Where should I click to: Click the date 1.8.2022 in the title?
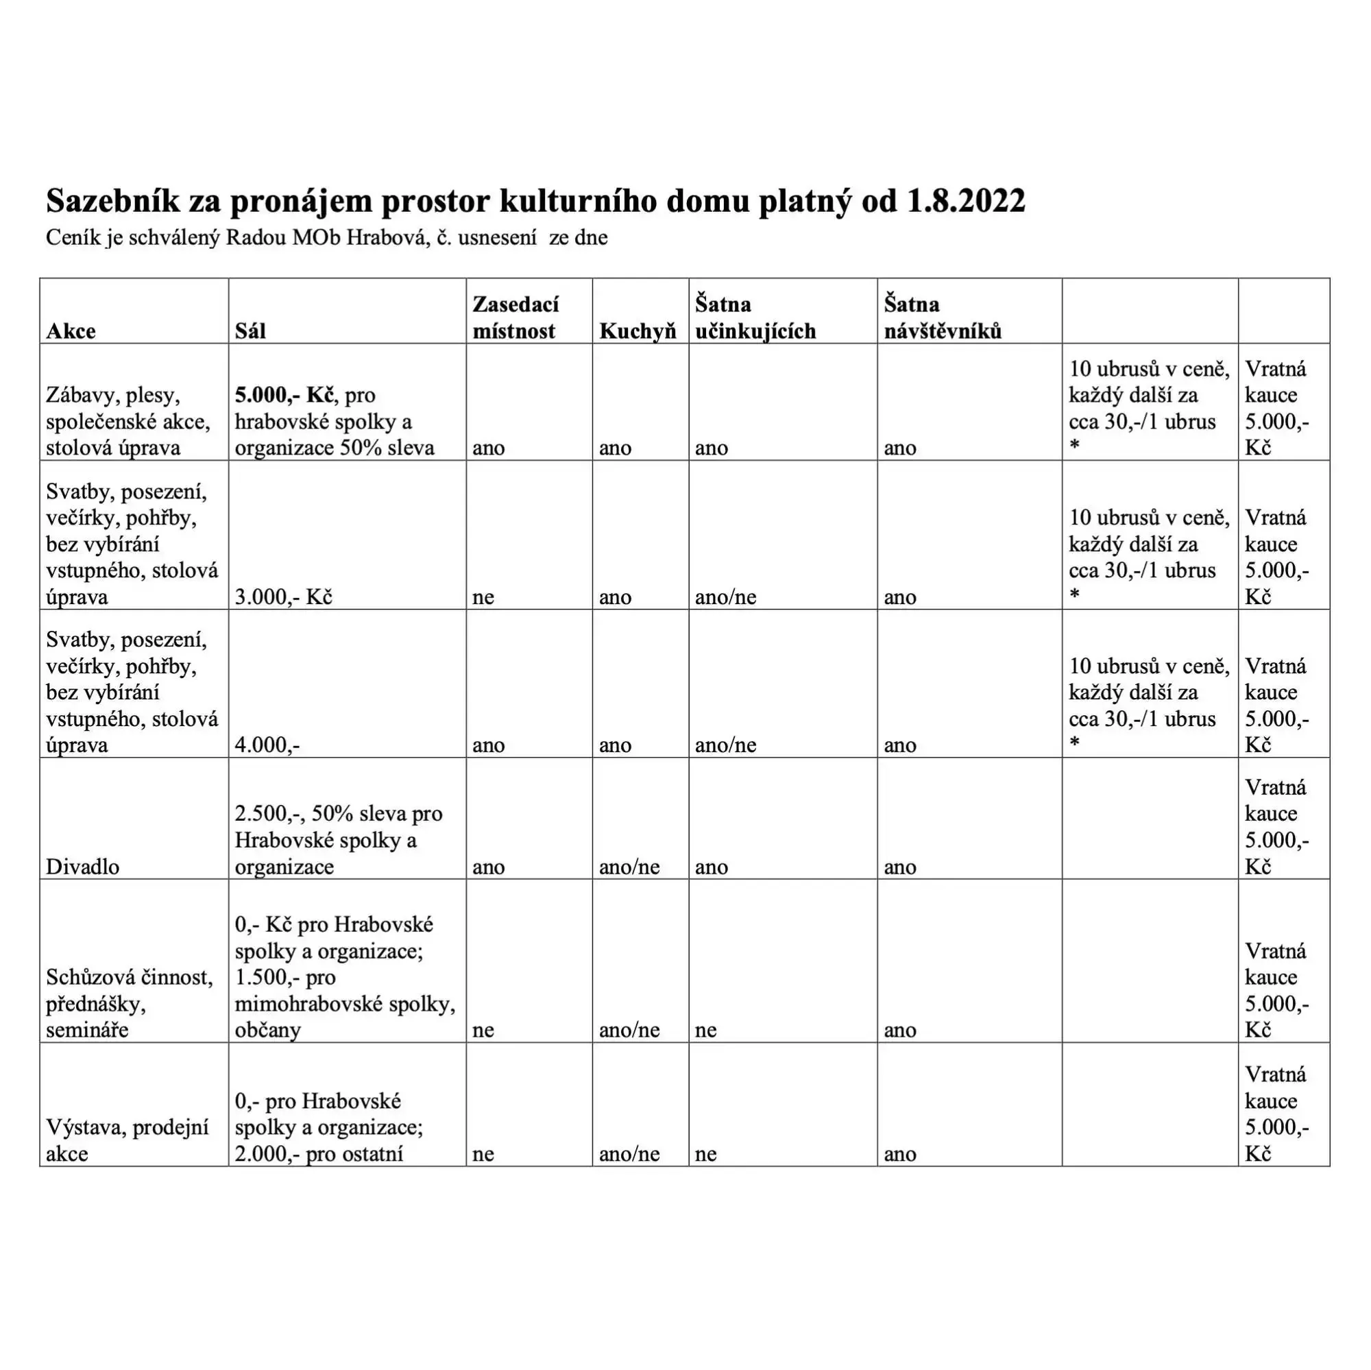966,202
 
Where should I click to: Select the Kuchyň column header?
638,331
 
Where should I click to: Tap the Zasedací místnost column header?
515,317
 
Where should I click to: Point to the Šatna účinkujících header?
755,317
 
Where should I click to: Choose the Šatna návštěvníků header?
943,317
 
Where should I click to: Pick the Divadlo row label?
82,867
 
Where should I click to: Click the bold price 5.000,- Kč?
284,395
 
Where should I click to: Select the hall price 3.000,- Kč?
283,597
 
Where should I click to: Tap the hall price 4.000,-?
267,745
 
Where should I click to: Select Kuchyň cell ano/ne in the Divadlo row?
629,867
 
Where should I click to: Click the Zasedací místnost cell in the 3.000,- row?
483,597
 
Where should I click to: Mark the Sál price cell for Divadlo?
338,840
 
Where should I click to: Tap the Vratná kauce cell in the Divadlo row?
1276,826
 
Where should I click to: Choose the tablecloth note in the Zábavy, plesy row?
1148,408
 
